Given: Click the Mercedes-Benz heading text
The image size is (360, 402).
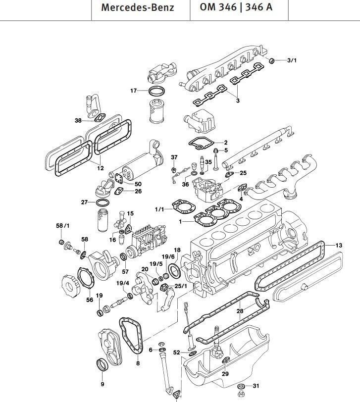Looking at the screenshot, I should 138,8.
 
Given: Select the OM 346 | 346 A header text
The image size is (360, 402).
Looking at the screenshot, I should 235,8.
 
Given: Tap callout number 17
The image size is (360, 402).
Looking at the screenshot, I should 133,91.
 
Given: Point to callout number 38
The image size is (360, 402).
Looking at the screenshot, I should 78,120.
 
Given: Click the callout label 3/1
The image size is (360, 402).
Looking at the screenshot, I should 292,60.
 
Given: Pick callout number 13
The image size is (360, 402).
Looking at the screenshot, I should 339,245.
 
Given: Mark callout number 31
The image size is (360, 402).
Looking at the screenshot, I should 256,386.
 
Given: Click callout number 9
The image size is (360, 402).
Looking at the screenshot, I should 102,384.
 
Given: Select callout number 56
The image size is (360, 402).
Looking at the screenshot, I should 90,300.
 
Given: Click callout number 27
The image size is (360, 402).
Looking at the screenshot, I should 85,202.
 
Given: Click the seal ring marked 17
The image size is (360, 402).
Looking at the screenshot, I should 157,92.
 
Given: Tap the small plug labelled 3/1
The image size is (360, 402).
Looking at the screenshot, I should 272,60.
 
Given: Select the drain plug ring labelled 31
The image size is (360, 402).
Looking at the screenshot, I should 240,386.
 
